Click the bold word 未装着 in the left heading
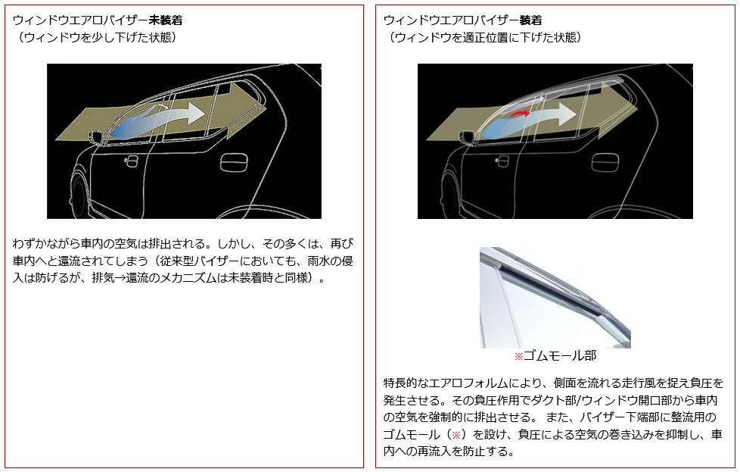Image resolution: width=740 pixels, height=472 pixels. [165, 20]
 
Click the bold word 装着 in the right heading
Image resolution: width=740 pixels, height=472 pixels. [530, 20]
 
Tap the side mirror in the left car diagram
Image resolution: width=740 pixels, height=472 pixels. [97, 136]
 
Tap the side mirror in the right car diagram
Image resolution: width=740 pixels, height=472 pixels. [467, 137]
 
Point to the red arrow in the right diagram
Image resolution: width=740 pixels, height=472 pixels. [516, 114]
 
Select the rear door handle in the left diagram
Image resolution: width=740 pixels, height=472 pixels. [234, 162]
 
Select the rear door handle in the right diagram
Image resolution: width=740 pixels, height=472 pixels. [605, 162]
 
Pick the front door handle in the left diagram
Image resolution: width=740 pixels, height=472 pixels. [131, 161]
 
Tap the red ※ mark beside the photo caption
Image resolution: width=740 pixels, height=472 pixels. [518, 356]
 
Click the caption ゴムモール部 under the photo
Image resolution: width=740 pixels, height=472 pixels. [560, 356]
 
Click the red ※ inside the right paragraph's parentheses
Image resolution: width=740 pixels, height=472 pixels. [456, 435]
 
